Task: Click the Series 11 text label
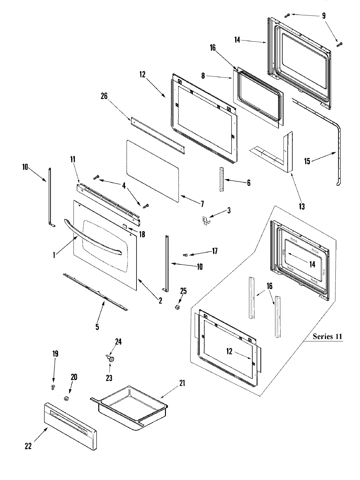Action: [x=327, y=336]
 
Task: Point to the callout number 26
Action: [x=104, y=96]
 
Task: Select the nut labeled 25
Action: [x=178, y=307]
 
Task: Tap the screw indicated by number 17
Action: [x=185, y=255]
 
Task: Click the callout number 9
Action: [x=324, y=16]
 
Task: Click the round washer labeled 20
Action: [x=66, y=398]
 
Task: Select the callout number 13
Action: [x=301, y=206]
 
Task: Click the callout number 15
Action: [x=307, y=161]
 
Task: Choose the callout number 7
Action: [x=202, y=204]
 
